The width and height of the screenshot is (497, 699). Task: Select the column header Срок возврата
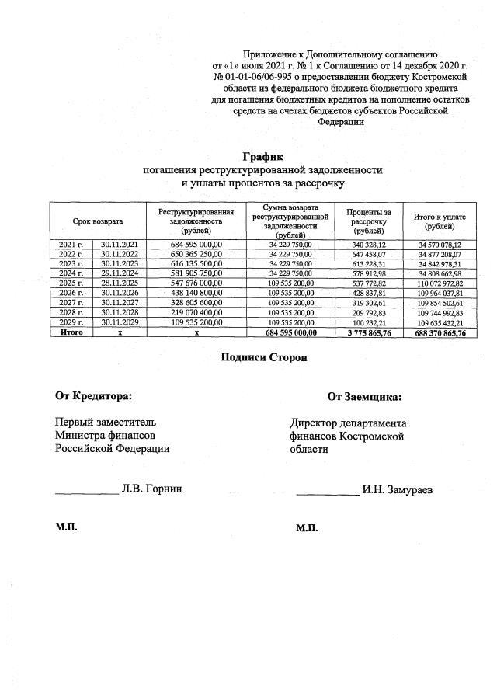point(98,221)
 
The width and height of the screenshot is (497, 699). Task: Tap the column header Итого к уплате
point(440,221)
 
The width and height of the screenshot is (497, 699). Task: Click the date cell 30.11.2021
point(119,245)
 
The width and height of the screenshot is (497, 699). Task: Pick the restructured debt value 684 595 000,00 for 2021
point(196,245)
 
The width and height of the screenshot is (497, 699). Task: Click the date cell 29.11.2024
point(119,273)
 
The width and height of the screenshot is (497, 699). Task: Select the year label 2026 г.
point(71,293)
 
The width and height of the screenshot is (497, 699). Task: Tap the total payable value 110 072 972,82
point(440,283)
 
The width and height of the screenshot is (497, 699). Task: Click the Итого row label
point(71,332)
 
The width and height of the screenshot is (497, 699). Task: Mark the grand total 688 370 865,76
point(440,332)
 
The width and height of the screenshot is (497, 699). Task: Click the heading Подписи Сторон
point(264,358)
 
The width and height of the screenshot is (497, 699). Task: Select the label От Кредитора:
point(93,396)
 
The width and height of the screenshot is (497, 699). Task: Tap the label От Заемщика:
point(364,397)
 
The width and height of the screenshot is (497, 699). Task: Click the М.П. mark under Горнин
point(66,527)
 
